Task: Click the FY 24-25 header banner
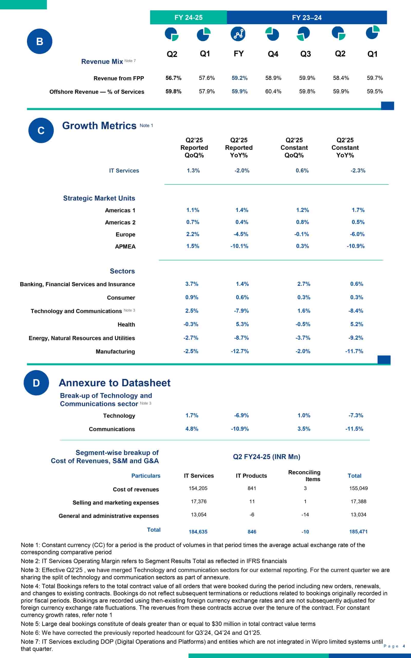click(x=188, y=17)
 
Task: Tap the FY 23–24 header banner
click(x=307, y=18)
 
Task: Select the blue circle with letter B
click(x=39, y=41)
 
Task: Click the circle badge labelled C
click(x=41, y=130)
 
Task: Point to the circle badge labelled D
click(x=36, y=382)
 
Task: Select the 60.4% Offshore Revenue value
click(x=273, y=91)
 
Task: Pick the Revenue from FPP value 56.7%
click(x=173, y=78)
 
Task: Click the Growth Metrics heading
click(x=99, y=126)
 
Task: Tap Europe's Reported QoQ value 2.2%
click(x=193, y=234)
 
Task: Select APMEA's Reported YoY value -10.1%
click(x=239, y=246)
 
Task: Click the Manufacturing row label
click(x=115, y=351)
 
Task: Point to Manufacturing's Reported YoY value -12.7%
click(x=240, y=351)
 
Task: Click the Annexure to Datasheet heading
click(x=115, y=382)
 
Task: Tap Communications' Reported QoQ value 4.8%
click(x=192, y=428)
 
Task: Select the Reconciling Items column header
click(x=304, y=476)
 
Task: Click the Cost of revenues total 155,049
click(x=358, y=488)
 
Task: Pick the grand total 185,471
click(x=358, y=532)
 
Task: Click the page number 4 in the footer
click(x=404, y=646)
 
